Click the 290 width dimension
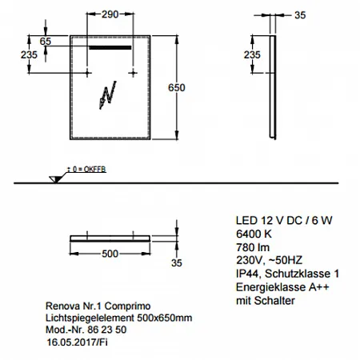(110, 14)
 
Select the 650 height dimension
(177, 87)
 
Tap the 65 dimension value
(46, 42)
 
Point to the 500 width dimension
(110, 254)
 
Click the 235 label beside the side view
(252, 55)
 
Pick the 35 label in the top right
(300, 15)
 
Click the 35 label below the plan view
(177, 263)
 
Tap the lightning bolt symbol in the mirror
(108, 94)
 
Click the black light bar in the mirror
(110, 48)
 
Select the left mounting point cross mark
(87, 73)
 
